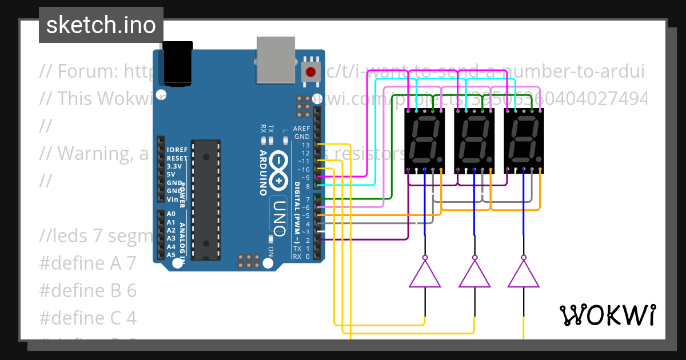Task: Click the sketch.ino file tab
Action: pyautogui.click(x=101, y=25)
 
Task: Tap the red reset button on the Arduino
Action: pyautogui.click(x=310, y=72)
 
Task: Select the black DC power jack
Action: pyautogui.click(x=179, y=62)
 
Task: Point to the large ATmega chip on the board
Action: pyautogui.click(x=205, y=198)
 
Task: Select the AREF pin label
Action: pyautogui.click(x=301, y=129)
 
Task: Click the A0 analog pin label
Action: pyautogui.click(x=171, y=214)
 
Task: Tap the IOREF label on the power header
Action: pyautogui.click(x=176, y=150)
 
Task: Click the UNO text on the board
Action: pyautogui.click(x=278, y=218)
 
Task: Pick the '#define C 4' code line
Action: pyautogui.click(x=87, y=318)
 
